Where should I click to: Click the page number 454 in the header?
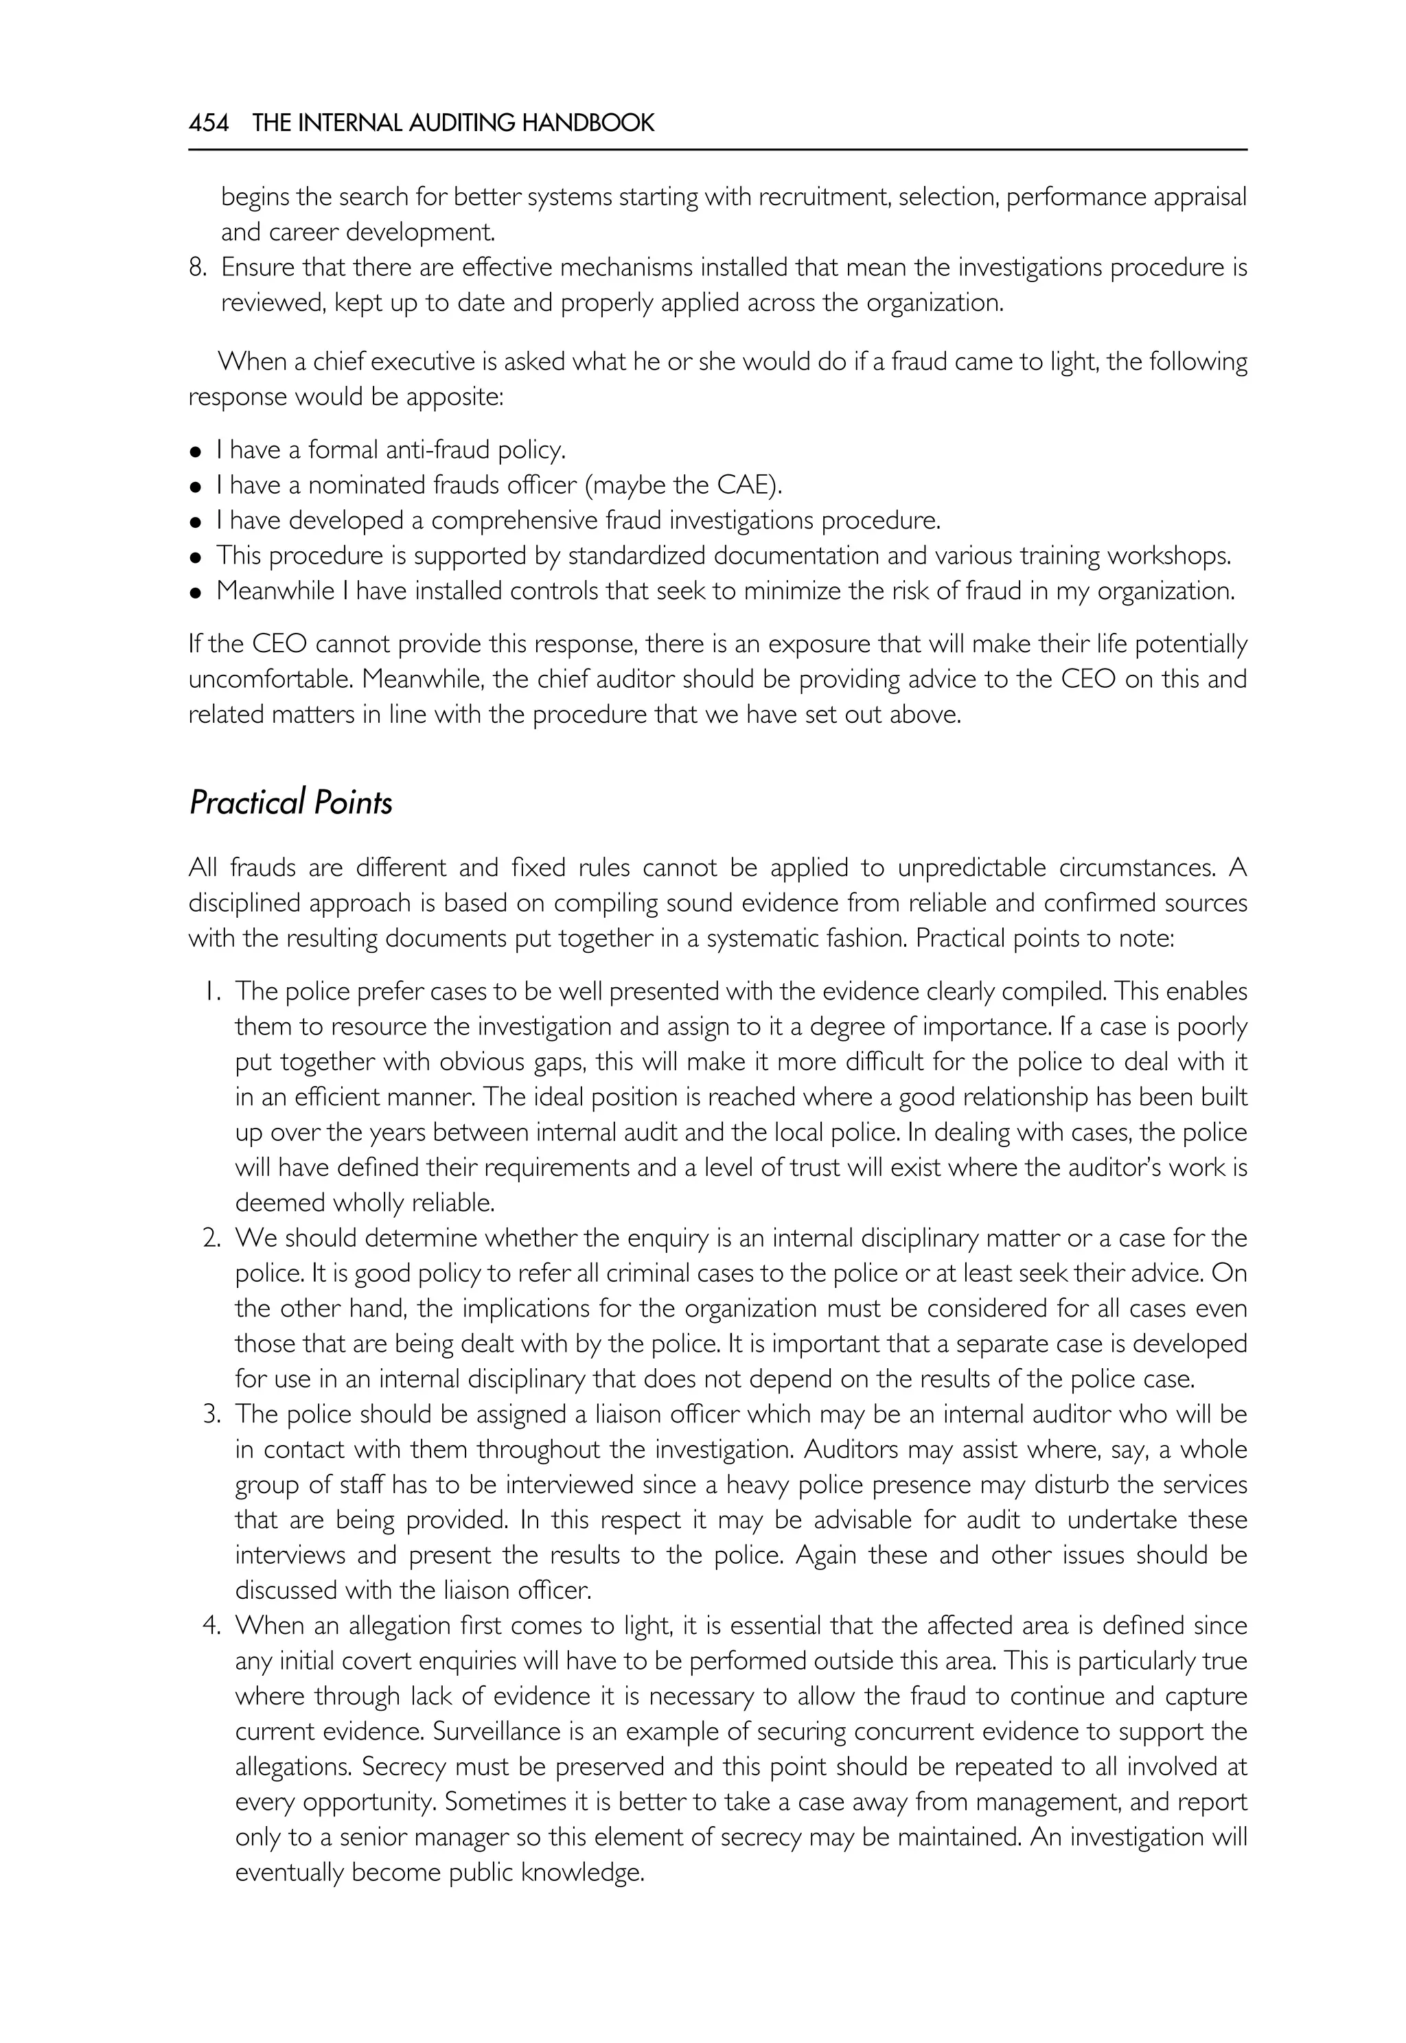209,124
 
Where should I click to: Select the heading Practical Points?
290,803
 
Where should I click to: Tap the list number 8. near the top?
198,267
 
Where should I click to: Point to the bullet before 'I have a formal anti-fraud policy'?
196,452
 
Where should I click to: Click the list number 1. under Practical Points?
211,992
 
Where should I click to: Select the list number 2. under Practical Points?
211,1238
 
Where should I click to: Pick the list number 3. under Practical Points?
211,1415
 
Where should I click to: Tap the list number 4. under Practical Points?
211,1626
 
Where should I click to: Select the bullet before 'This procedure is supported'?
196,557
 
